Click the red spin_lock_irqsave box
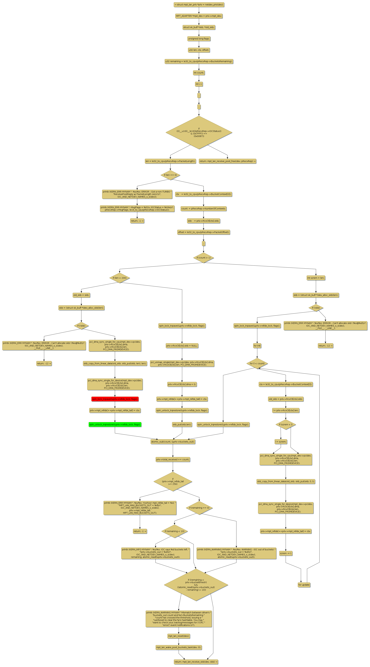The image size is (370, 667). [x=115, y=399]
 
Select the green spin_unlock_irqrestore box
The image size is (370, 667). [x=115, y=424]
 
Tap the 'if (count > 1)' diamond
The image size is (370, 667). [x=203, y=258]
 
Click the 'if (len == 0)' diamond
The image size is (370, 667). [x=170, y=175]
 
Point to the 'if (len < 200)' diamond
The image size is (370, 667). [x=120, y=278]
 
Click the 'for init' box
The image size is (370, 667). [x=257, y=346]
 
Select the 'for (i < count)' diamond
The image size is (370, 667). [x=257, y=363]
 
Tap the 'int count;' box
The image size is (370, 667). [x=199, y=73]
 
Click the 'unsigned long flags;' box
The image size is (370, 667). [x=199, y=39]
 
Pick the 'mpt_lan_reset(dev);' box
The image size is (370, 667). [x=179, y=636]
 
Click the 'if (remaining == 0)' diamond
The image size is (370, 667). [x=199, y=508]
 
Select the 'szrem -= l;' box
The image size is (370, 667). [x=286, y=553]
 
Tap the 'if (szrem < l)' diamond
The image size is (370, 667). [x=286, y=424]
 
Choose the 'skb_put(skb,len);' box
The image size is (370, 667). [x=182, y=424]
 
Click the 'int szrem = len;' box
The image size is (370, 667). [x=316, y=278]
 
